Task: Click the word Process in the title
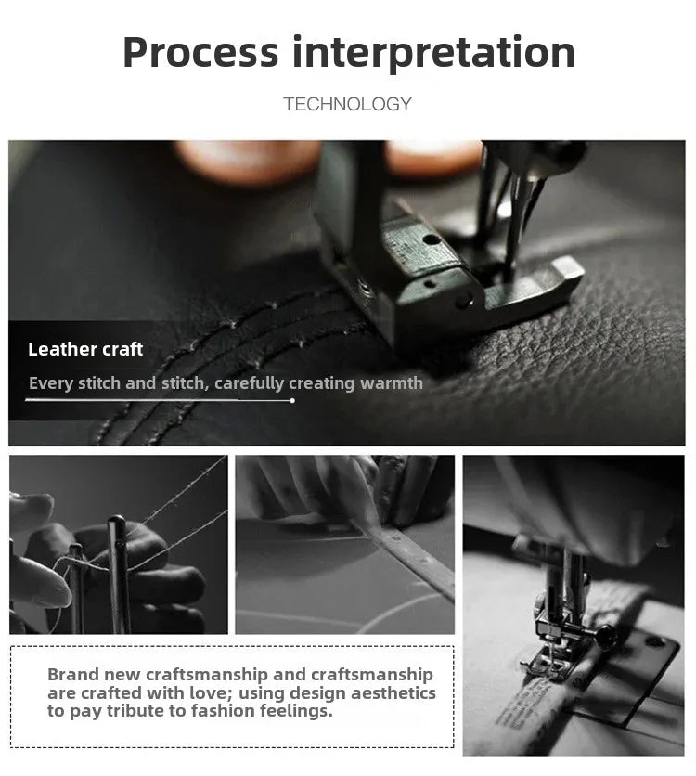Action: coord(200,52)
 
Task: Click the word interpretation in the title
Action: coord(433,53)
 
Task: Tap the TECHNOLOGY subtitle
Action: coord(347,104)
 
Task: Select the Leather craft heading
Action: coord(85,349)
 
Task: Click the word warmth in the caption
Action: coord(392,383)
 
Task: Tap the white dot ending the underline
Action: coord(292,400)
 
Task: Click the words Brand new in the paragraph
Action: coord(94,675)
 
